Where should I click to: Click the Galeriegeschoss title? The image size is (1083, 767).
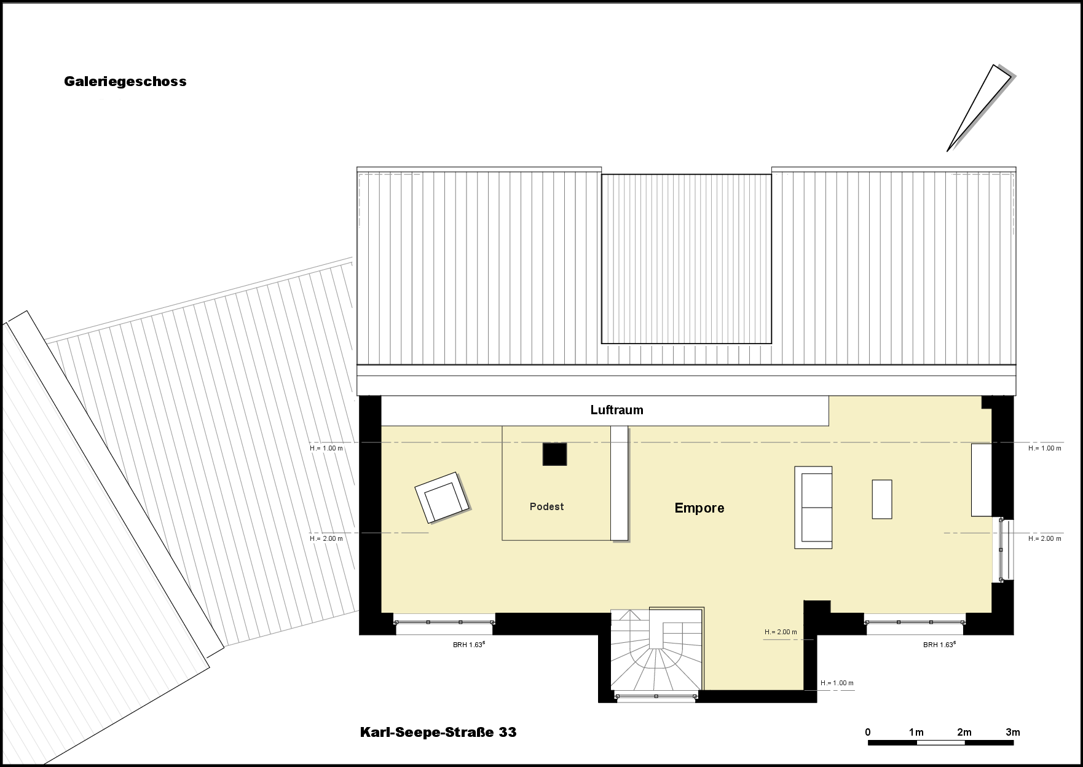pyautogui.click(x=125, y=82)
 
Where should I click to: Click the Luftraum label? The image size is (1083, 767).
pyautogui.click(x=616, y=410)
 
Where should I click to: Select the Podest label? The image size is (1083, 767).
pyautogui.click(x=546, y=506)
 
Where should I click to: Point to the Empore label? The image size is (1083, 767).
pyautogui.click(x=699, y=508)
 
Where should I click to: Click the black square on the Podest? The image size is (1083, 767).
pyautogui.click(x=554, y=454)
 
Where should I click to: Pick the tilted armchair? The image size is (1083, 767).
pyautogui.click(x=442, y=497)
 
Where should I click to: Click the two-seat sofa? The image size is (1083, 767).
pyautogui.click(x=813, y=507)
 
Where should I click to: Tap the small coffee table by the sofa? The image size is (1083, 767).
pyautogui.click(x=882, y=499)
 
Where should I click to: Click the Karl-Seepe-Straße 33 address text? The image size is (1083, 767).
pyautogui.click(x=438, y=733)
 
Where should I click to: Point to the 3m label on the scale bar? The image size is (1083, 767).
pyautogui.click(x=1012, y=732)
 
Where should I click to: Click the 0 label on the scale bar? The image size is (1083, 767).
pyautogui.click(x=868, y=732)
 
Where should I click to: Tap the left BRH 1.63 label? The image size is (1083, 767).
pyautogui.click(x=469, y=645)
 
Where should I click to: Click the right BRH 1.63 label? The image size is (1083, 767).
pyautogui.click(x=939, y=645)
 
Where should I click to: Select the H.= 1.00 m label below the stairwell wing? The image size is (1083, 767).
pyautogui.click(x=837, y=683)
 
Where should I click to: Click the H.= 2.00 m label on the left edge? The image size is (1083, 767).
pyautogui.click(x=326, y=538)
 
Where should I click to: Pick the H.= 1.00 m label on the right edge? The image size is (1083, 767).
pyautogui.click(x=1045, y=448)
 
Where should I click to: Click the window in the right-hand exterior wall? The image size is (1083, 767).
pyautogui.click(x=1002, y=550)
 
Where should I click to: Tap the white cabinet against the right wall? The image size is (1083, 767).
pyautogui.click(x=982, y=480)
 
